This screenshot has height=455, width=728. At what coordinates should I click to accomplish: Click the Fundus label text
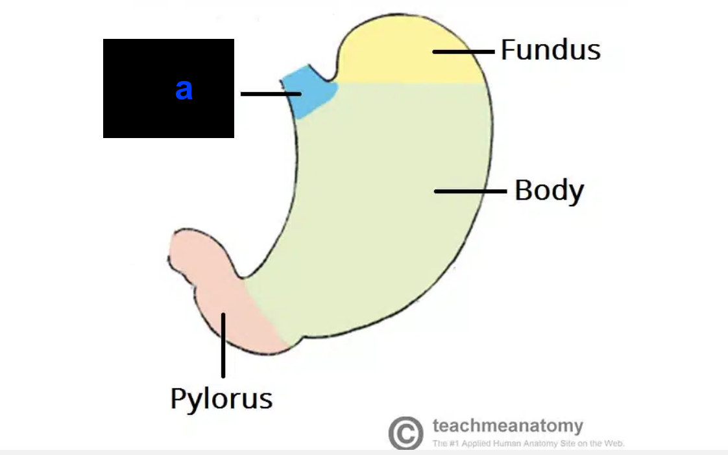550,50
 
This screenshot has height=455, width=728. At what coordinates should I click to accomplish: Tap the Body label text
549,191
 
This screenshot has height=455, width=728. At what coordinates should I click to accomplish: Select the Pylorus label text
221,398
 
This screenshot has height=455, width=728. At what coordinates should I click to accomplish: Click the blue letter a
184,89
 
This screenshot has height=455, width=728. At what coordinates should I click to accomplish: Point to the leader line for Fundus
463,51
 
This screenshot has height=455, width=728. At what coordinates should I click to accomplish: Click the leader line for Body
470,191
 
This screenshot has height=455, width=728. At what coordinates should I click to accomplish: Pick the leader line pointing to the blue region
271,94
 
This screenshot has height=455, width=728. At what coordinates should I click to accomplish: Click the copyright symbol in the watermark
406,433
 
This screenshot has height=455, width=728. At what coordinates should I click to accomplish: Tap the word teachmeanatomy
507,426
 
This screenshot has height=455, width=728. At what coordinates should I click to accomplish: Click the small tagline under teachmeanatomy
528,444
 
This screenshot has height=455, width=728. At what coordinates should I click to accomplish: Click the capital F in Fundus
508,49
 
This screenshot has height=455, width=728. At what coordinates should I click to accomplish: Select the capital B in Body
524,190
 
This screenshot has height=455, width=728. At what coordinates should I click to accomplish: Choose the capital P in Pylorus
178,397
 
